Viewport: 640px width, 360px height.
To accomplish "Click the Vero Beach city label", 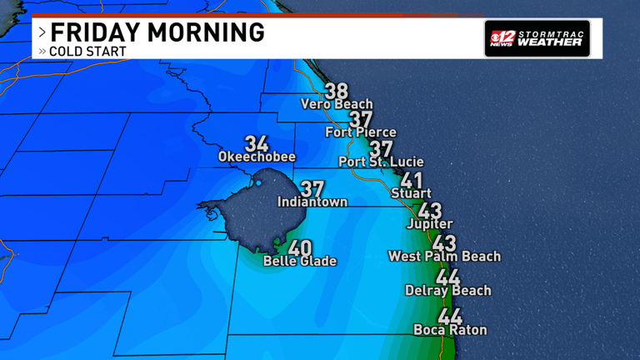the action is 337,104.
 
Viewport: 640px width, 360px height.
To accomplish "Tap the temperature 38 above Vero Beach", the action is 337,90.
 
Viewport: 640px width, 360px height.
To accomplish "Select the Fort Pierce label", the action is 360,132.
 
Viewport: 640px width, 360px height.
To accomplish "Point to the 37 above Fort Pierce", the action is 361,118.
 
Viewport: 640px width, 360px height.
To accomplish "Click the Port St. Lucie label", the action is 381,162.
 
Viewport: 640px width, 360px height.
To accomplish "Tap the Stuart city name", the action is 412,194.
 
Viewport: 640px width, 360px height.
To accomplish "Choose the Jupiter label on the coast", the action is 429,224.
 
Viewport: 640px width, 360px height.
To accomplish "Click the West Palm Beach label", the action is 444,256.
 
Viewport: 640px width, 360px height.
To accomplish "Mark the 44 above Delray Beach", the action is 447,277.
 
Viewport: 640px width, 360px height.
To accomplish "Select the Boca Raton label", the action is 450,330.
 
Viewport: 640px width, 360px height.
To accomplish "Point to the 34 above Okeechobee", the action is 257,142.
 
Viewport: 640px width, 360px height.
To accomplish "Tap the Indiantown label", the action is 312,202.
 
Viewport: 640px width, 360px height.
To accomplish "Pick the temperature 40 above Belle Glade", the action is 300,247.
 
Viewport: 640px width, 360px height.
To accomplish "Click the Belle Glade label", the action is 300,261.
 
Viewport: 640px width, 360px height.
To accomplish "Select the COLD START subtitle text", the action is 87,52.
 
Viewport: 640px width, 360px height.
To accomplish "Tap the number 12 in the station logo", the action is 502,37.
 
